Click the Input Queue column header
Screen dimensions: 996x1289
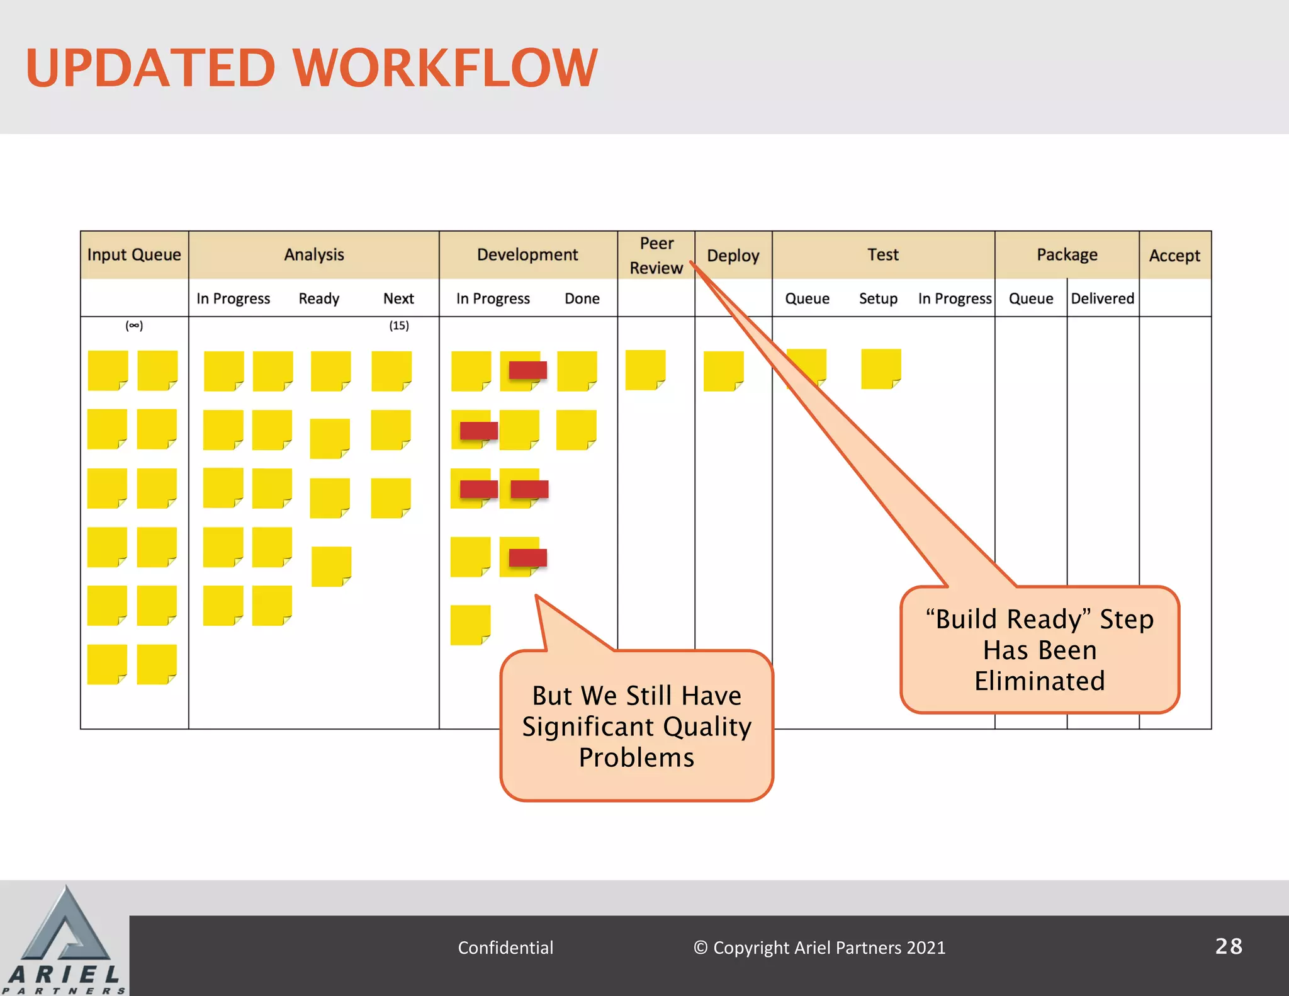134,255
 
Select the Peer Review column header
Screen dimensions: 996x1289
656,256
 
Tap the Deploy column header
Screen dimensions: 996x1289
733,256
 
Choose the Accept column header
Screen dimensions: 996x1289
1174,256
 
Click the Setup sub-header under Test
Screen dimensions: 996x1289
878,298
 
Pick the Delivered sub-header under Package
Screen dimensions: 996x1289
1103,298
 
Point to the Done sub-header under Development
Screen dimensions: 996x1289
582,298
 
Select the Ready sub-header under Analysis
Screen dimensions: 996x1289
318,298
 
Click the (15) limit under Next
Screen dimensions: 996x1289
399,325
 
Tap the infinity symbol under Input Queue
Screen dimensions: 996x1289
134,325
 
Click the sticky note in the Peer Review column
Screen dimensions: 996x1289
645,370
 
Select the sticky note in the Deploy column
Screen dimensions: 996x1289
723,371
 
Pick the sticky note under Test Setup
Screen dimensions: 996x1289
881,369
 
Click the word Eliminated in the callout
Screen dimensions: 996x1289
1040,681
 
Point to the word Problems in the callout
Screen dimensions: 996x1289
636,757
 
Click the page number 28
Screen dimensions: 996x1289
1229,946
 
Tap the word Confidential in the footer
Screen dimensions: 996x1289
505,948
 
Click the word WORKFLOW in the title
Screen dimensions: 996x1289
445,67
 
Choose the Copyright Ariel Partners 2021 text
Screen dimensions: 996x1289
819,948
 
